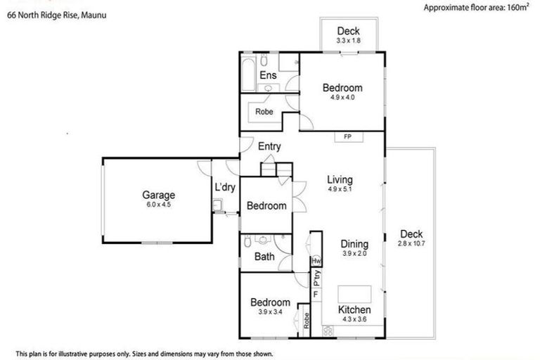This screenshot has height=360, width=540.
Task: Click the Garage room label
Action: pos(158,195)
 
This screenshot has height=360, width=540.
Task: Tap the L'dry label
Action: pos(224,187)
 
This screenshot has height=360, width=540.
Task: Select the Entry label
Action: pos(269,147)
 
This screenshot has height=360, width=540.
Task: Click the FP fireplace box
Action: pos(347,136)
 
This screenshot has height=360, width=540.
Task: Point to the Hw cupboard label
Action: pos(316,261)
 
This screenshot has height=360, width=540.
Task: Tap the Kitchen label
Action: pos(354,310)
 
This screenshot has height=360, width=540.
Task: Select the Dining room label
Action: pos(355,244)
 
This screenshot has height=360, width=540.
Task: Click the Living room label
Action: pos(340,180)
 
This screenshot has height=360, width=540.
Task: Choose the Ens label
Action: pos(267,75)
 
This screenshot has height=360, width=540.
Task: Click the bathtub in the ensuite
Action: pos(249,76)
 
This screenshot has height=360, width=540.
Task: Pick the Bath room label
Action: pos(264,257)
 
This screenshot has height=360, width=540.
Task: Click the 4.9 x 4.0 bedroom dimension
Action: pos(342,97)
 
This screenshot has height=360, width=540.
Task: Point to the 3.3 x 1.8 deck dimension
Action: pos(348,41)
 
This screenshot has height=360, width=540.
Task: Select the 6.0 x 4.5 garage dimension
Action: pos(158,205)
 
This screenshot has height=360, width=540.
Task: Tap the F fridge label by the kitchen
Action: pos(316,295)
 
